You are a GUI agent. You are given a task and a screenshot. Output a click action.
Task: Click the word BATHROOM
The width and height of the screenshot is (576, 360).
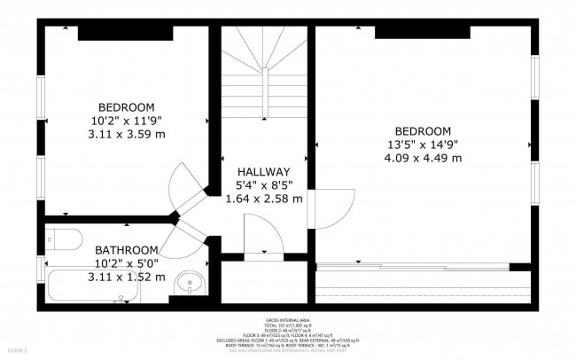click(x=127, y=250)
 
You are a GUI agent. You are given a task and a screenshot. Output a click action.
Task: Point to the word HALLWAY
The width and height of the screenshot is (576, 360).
click(x=263, y=172)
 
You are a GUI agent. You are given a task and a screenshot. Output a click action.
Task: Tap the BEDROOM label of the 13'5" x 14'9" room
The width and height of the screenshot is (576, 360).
click(x=423, y=130)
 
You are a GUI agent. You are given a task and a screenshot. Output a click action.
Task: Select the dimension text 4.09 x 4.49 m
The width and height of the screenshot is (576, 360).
click(x=423, y=158)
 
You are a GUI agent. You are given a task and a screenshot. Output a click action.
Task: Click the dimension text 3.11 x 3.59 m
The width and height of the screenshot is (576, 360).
click(x=127, y=134)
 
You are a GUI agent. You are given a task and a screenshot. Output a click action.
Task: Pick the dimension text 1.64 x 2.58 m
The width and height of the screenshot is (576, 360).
click(x=263, y=199)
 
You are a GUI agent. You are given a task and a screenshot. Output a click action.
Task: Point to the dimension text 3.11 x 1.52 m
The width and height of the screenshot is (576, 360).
click(x=127, y=277)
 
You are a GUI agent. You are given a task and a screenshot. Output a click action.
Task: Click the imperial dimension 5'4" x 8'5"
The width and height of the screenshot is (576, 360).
click(x=263, y=185)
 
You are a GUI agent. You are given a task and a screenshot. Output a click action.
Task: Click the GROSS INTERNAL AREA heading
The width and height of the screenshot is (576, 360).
click(x=286, y=319)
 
